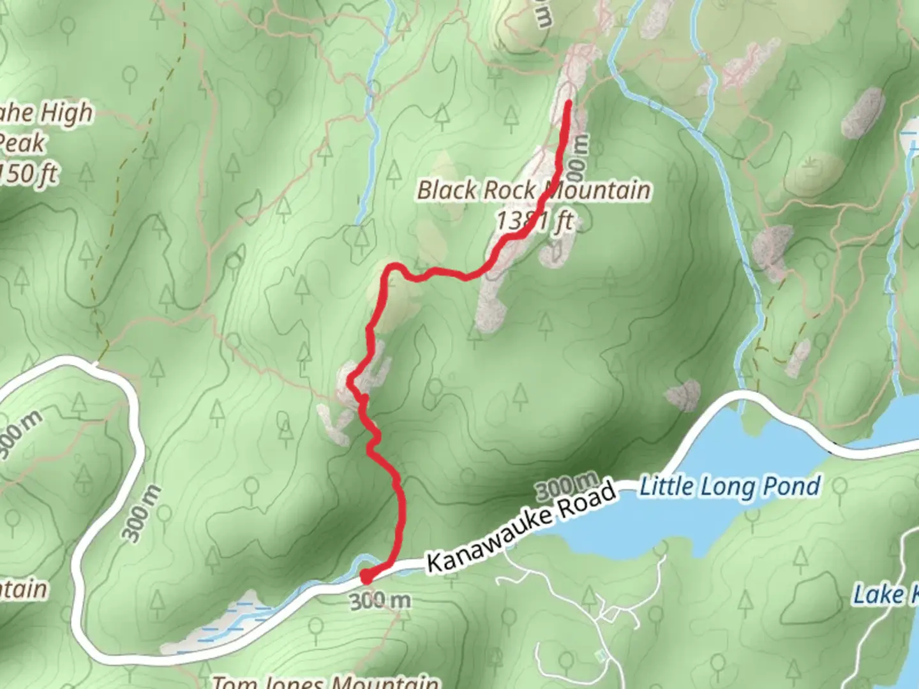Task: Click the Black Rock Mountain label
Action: tap(534, 190)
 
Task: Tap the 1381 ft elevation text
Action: tap(535, 221)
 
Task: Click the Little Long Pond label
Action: tap(729, 487)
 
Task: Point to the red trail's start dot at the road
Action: tap(366, 577)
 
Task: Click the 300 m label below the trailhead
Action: tap(380, 600)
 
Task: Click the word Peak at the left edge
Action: tap(22, 143)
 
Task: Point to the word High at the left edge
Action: tap(66, 114)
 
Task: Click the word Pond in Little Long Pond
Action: tap(793, 487)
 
